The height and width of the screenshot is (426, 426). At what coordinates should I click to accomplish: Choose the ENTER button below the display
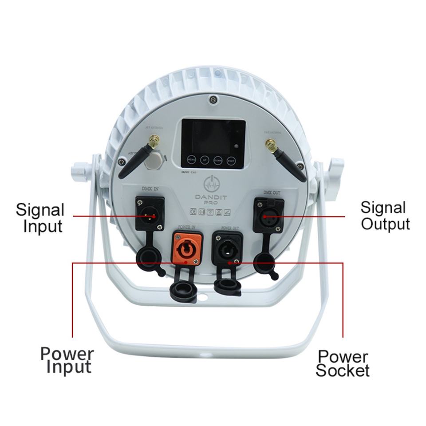click(x=231, y=160)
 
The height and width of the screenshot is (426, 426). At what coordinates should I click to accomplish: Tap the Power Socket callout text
click(x=343, y=363)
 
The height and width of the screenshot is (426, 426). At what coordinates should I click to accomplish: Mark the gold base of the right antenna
click(x=268, y=143)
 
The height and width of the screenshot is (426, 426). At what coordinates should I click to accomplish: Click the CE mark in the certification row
click(x=193, y=211)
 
